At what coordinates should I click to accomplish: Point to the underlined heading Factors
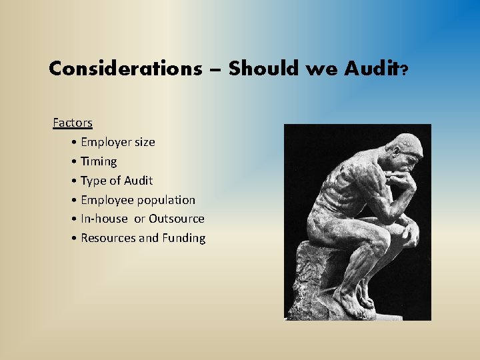tap(73, 123)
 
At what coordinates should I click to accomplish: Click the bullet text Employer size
tap(117, 142)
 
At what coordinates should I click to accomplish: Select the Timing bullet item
tap(99, 161)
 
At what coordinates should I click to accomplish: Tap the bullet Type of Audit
tap(117, 181)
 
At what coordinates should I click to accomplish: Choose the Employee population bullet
tap(138, 200)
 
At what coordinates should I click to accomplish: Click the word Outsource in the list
tap(177, 219)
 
